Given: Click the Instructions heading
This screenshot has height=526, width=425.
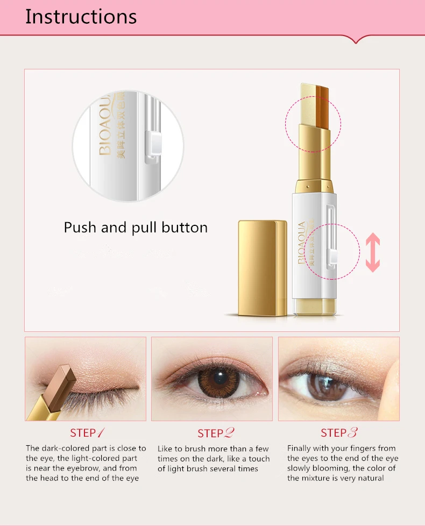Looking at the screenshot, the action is pyautogui.click(x=81, y=17).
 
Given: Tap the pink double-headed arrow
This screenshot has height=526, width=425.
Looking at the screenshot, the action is pyautogui.click(x=373, y=252).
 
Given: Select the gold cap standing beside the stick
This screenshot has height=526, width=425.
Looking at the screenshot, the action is pyautogui.click(x=263, y=268).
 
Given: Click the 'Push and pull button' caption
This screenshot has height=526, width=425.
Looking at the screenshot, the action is pyautogui.click(x=136, y=228).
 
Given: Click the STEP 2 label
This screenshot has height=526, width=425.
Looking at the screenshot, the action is pyautogui.click(x=216, y=433).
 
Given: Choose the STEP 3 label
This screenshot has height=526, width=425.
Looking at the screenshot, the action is pyautogui.click(x=339, y=433).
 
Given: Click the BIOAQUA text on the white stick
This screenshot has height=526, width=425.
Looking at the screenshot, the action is pyautogui.click(x=302, y=242).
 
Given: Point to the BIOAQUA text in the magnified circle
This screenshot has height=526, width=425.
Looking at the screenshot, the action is pyautogui.click(x=105, y=126).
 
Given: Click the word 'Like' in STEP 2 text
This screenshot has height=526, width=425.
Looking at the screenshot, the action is pyautogui.click(x=165, y=449).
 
